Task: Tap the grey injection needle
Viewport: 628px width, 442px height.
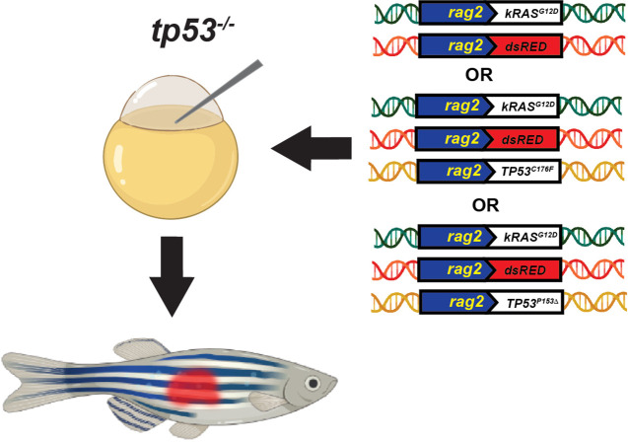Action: coord(219,91)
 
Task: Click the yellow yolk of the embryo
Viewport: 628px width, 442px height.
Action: coord(171,169)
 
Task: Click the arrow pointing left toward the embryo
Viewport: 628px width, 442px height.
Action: coord(312,148)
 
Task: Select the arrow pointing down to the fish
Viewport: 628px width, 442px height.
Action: coord(172,276)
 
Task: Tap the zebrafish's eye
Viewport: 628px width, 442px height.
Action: coord(313,383)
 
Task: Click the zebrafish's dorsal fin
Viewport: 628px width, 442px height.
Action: coord(138,348)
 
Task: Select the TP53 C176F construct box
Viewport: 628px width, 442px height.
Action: coord(524,171)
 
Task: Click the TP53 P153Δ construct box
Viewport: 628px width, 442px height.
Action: coord(527,302)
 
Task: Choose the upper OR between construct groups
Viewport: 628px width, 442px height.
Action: coord(479,75)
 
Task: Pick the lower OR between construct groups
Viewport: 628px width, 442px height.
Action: coord(485,205)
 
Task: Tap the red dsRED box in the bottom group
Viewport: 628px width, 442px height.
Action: coord(525,269)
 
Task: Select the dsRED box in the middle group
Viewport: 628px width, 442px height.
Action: coord(523,139)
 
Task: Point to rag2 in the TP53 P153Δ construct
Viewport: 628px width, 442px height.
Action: coord(466,302)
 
